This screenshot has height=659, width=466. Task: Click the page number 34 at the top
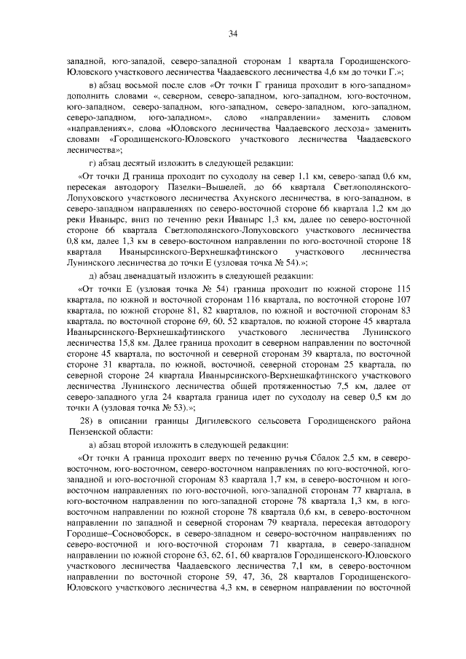click(233, 34)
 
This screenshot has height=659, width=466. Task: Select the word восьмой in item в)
click(132, 87)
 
